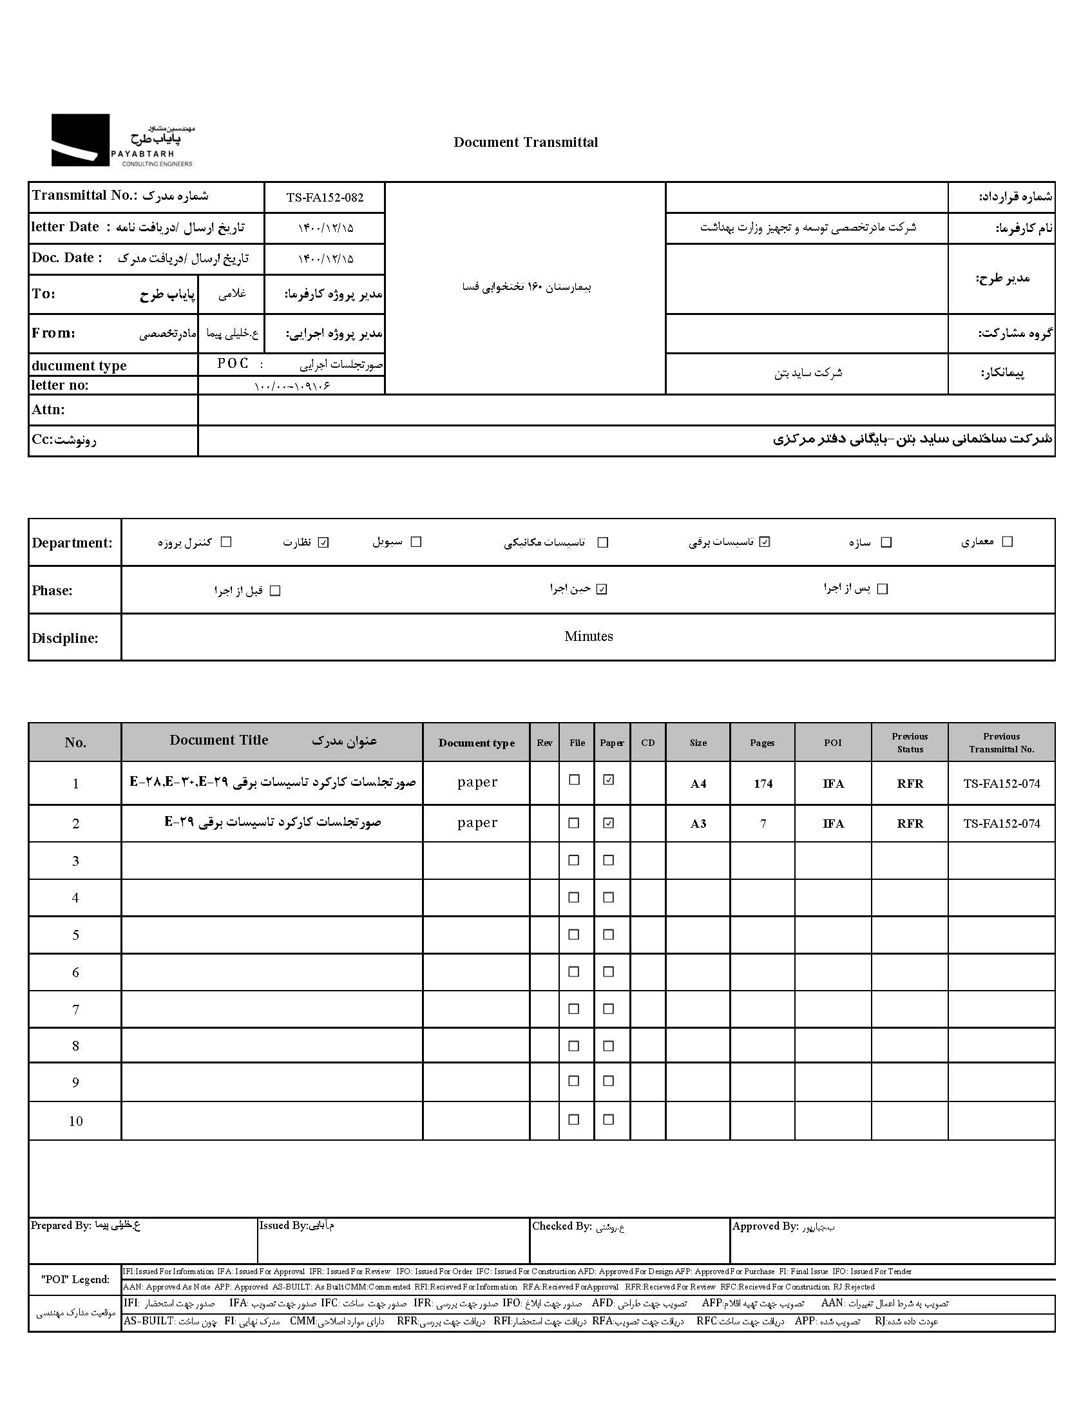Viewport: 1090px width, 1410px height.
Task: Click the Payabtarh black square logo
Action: [x=80, y=140]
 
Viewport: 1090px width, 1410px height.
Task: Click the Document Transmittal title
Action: [x=526, y=143]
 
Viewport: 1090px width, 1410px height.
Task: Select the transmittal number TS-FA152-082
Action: [x=325, y=198]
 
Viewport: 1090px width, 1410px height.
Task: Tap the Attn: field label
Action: [x=48, y=410]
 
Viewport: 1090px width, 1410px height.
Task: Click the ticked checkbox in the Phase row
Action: [x=602, y=589]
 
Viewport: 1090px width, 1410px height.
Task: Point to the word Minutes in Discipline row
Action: [x=588, y=636]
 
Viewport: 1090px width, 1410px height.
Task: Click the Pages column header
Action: [x=762, y=743]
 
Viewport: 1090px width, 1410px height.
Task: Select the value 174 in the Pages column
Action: [x=763, y=784]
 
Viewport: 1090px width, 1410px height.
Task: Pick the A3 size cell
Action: [x=698, y=824]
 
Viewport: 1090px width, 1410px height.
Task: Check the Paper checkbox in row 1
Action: [x=608, y=780]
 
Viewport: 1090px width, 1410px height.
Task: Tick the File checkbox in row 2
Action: [x=573, y=823]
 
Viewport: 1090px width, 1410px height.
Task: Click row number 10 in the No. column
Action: [x=75, y=1121]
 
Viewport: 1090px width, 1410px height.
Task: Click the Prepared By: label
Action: [x=61, y=1226]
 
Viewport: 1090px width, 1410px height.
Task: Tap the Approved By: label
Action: [x=765, y=1226]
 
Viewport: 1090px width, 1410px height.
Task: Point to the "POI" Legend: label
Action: [x=75, y=1280]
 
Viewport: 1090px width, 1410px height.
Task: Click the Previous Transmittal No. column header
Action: [x=1001, y=743]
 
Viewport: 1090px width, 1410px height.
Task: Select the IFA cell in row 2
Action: [x=833, y=824]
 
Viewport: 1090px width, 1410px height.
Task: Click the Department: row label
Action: [x=72, y=543]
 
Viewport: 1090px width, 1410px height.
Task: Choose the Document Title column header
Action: [x=219, y=741]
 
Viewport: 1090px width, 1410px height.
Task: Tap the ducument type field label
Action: [x=79, y=366]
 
